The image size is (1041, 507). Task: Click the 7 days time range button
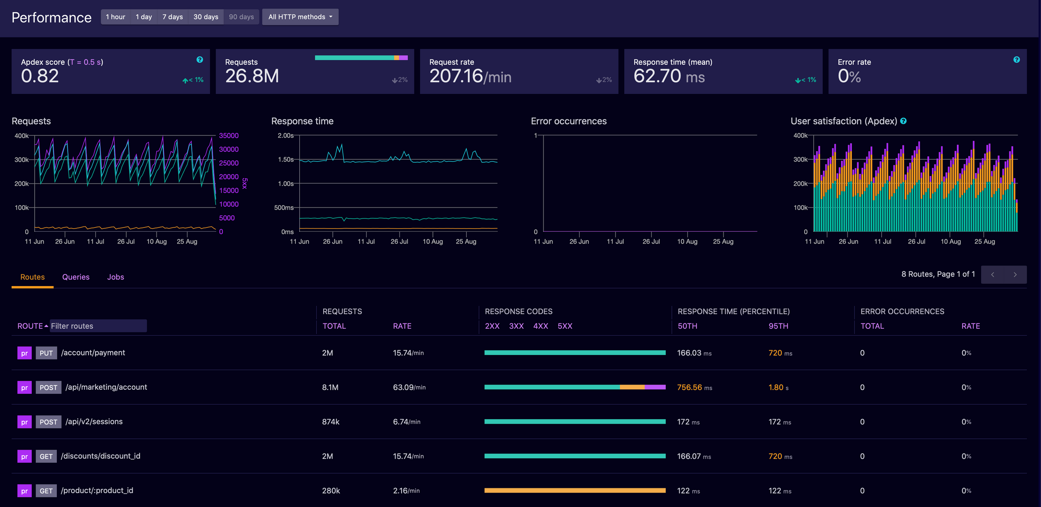point(172,17)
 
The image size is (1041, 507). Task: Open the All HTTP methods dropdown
point(300,17)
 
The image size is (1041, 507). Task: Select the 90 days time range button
point(241,17)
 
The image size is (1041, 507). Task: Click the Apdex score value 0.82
point(40,76)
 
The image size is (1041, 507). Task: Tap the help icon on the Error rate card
point(1016,60)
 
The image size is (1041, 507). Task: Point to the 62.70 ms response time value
point(668,76)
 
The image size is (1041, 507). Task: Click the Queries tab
point(76,277)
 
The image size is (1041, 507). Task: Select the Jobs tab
point(115,277)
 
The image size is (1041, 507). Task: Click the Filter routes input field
point(98,326)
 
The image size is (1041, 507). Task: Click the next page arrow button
point(1015,275)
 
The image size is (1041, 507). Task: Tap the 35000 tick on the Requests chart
point(229,136)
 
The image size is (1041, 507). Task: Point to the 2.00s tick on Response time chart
point(285,136)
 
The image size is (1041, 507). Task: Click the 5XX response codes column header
point(565,326)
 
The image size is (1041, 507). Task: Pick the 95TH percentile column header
point(778,326)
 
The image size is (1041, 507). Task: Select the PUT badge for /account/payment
point(46,353)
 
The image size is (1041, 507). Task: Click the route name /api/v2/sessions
point(94,421)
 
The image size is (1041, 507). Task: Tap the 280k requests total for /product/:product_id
point(331,491)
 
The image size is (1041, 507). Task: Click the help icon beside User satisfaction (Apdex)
point(904,121)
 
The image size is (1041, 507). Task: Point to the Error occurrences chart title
point(569,121)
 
